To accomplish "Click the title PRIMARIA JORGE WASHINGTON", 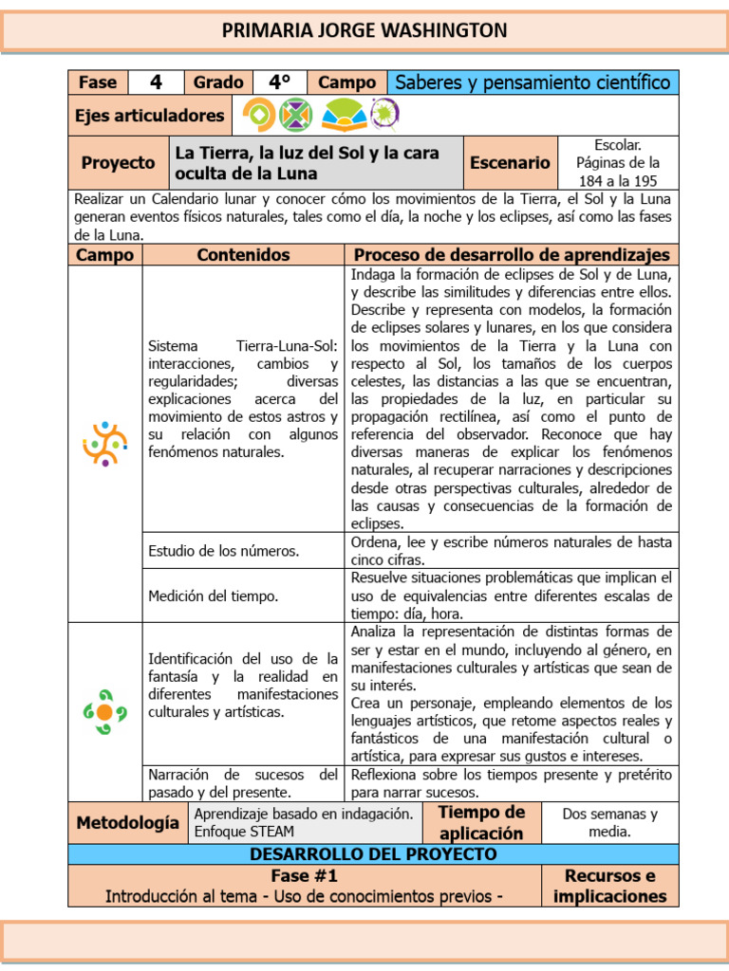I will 364,30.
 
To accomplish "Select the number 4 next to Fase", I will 155,82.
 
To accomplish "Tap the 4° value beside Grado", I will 279,82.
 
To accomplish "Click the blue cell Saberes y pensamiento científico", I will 533,82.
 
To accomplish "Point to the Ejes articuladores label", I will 150,116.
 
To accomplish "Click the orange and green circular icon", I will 259,116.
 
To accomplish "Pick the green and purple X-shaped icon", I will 296,116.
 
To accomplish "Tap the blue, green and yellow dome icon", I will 343,116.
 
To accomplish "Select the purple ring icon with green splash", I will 384,115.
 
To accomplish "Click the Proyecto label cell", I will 118,163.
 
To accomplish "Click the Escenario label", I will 510,163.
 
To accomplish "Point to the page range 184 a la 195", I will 618,180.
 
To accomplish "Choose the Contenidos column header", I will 243,255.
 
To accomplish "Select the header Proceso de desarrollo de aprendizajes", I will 512,255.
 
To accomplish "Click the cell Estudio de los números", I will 224,551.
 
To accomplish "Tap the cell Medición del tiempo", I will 214,595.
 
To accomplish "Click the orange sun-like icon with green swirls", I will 104,711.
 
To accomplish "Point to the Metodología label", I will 127,823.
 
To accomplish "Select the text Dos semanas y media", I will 609,823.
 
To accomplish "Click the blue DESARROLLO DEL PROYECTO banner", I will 373,853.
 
